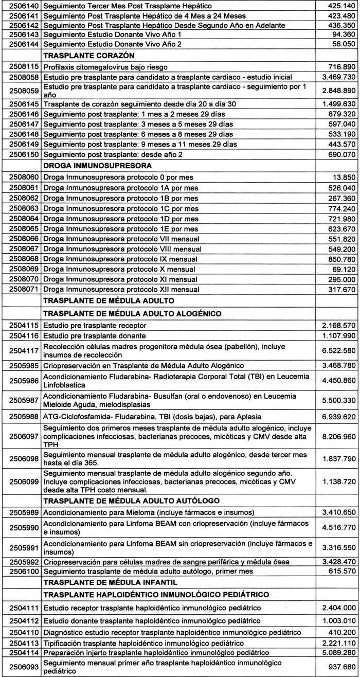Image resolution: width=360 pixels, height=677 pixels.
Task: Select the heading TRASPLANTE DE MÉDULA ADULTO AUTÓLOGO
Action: click(x=132, y=500)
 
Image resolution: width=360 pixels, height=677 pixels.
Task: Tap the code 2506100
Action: click(x=21, y=571)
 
